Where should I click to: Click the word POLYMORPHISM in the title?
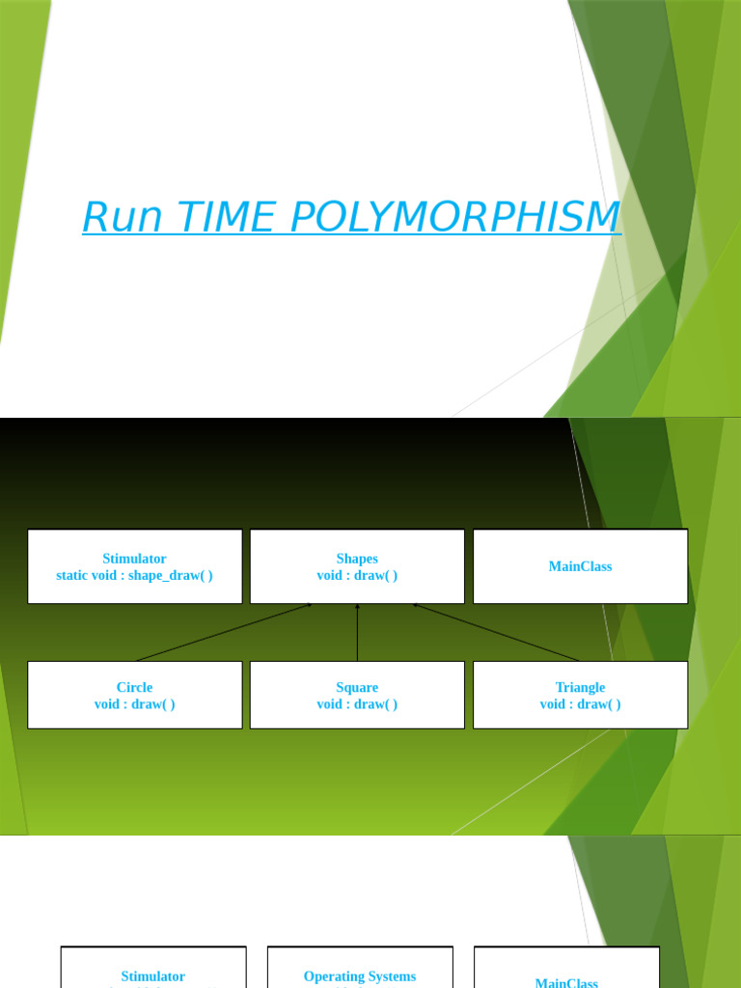point(454,217)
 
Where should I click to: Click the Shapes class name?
point(357,559)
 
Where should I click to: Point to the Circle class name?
point(134,688)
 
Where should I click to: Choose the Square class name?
point(357,688)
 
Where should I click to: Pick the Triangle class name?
point(580,688)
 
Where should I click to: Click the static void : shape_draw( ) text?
point(134,575)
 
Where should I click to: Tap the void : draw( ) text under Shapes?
point(357,575)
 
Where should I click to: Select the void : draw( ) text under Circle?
point(134,704)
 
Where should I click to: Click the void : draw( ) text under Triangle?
point(580,704)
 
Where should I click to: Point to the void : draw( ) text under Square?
point(357,704)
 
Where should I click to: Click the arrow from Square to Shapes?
point(357,633)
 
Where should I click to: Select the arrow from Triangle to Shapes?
point(496,632)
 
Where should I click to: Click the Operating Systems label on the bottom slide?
point(360,976)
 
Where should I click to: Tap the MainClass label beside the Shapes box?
point(580,566)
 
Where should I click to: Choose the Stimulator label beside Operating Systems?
point(153,976)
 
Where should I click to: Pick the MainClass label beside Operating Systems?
point(566,982)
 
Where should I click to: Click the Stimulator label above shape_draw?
point(134,559)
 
